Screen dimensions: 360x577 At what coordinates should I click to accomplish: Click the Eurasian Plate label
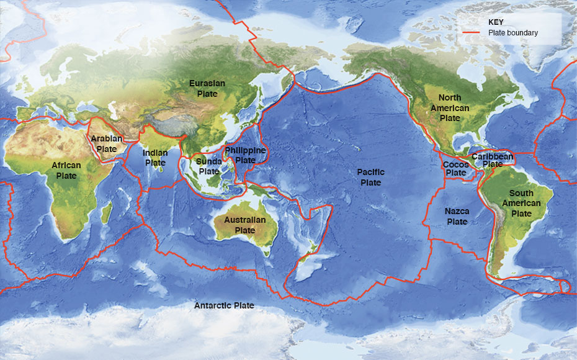(x=207, y=88)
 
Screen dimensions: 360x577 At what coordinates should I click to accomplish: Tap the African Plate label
(x=66, y=171)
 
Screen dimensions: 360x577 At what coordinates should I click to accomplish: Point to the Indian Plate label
(x=154, y=158)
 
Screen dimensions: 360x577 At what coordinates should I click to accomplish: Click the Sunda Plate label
(x=209, y=166)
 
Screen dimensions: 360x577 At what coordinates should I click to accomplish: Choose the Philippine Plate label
(x=245, y=155)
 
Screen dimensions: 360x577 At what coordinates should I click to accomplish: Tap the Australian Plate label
(x=244, y=225)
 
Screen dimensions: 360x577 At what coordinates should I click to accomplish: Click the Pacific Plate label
(x=371, y=177)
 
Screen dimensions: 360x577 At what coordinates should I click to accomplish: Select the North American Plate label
(x=450, y=107)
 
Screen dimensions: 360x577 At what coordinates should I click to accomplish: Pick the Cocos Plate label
(x=456, y=168)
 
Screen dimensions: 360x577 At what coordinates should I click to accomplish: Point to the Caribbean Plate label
(x=493, y=160)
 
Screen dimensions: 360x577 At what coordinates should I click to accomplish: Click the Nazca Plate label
(x=457, y=216)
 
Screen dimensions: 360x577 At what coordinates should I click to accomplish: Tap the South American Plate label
(x=521, y=203)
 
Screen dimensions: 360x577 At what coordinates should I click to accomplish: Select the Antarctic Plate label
(x=224, y=305)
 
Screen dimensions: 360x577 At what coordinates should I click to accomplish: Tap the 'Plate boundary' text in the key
(x=513, y=33)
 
